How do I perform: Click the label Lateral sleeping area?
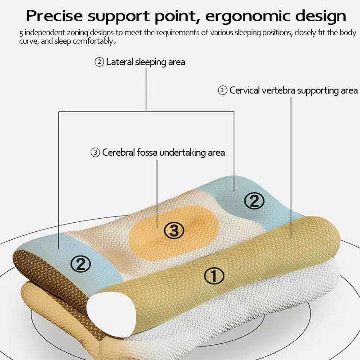[145, 62]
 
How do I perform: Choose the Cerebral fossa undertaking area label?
[163, 153]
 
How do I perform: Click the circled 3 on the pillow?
[174, 231]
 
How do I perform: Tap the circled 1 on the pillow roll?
[214, 275]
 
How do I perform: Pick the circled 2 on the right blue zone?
[254, 201]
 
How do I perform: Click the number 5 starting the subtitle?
[21, 34]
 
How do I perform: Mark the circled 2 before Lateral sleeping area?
[99, 62]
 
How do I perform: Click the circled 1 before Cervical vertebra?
[222, 90]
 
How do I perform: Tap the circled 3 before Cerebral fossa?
[95, 153]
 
